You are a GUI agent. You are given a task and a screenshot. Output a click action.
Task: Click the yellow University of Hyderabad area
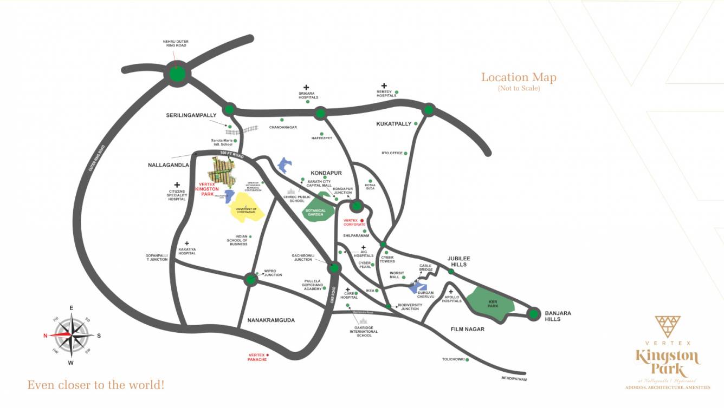[x=247, y=209]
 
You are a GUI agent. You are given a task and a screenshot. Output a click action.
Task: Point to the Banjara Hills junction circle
[x=534, y=313]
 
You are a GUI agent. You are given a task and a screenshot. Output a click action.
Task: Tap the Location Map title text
[x=519, y=77]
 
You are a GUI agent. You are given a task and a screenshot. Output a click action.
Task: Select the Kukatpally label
[x=393, y=124]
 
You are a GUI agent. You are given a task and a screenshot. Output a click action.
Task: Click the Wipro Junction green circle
[x=250, y=280]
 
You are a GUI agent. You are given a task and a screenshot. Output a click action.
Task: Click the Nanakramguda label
[x=271, y=320]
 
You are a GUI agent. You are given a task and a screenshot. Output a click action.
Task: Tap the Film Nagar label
[x=468, y=329]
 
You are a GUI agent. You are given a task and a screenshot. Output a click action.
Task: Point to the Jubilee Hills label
[x=458, y=261]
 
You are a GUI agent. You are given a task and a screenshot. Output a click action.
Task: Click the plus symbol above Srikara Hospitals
[x=306, y=87]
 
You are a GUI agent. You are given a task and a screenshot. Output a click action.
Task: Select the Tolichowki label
[x=452, y=359]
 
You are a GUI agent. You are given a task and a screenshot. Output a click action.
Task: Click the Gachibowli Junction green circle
[x=334, y=267]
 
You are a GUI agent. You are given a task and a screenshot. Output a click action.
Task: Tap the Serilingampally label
[x=191, y=115]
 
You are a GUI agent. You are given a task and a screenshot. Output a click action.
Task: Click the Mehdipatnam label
[x=514, y=379]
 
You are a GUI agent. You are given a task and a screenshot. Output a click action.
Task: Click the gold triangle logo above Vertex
[x=667, y=327]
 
